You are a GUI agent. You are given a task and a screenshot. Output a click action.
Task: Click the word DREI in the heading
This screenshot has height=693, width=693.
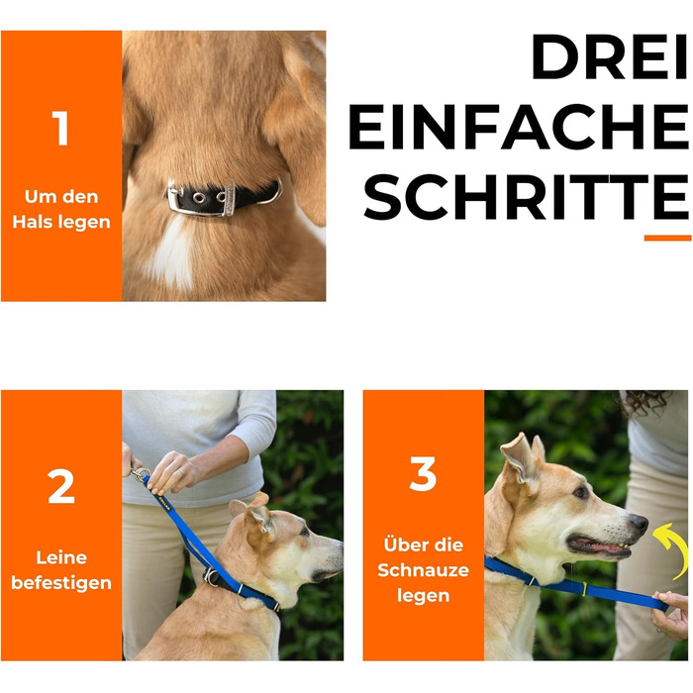(610, 56)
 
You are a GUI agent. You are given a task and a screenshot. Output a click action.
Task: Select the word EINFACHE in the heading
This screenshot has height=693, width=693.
(519, 127)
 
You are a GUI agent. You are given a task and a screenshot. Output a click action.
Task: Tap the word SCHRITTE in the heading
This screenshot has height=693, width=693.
(526, 197)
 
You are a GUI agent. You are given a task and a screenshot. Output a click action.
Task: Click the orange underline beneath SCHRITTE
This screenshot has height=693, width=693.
(667, 238)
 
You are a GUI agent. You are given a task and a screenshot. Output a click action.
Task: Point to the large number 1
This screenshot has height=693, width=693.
(60, 128)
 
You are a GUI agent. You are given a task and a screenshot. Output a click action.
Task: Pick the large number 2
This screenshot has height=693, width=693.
(61, 486)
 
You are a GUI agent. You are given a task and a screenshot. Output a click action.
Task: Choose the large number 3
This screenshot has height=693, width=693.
(423, 474)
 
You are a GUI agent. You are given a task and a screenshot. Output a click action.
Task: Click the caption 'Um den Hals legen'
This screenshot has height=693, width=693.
(61, 209)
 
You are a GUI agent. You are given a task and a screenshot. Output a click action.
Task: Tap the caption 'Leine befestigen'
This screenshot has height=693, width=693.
(61, 570)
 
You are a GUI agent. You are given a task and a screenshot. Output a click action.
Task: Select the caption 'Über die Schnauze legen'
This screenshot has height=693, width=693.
(423, 570)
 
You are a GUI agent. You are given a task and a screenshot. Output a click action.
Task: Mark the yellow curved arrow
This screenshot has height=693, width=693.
(672, 550)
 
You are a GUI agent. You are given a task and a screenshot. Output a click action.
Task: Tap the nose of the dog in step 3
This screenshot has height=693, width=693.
(640, 523)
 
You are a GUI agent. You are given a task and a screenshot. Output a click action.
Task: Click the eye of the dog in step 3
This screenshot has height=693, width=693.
(580, 491)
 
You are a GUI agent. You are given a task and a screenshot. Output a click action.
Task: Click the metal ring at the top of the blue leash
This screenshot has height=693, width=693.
(141, 474)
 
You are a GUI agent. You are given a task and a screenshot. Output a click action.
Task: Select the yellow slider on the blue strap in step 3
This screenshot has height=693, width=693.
(584, 589)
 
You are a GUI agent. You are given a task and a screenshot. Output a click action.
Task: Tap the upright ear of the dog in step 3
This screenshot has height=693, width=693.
(521, 457)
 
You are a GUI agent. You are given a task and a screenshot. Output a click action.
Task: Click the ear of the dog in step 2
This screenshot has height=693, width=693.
(259, 517)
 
